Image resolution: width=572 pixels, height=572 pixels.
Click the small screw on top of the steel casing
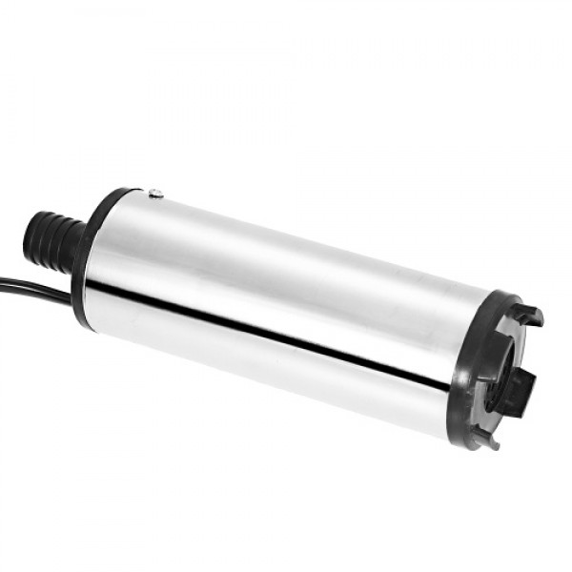157,194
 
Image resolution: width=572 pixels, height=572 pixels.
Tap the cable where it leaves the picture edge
3,280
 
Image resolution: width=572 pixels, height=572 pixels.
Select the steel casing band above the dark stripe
286,276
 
